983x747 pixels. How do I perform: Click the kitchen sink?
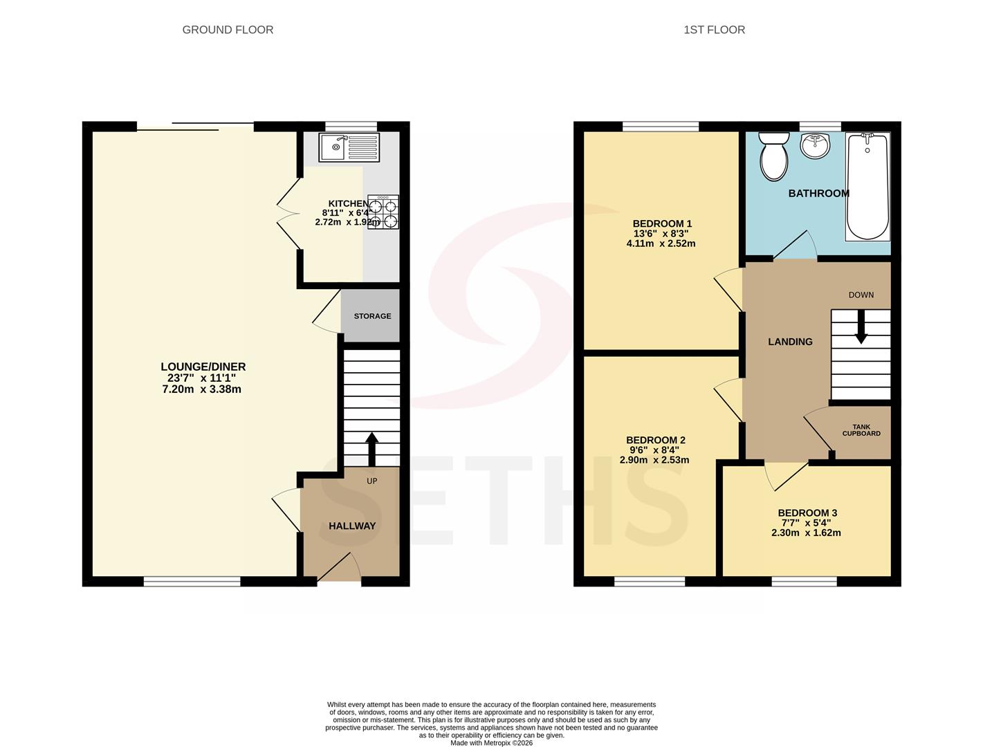(x=349, y=147)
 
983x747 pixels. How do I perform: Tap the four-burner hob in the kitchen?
(x=383, y=212)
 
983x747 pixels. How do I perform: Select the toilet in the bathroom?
(x=774, y=156)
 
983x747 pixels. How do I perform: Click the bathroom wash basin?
(x=815, y=145)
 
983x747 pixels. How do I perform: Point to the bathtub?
(x=867, y=187)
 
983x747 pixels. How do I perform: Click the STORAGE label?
(x=372, y=316)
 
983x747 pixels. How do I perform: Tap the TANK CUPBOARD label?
(x=861, y=430)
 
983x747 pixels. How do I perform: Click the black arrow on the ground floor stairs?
(x=371, y=450)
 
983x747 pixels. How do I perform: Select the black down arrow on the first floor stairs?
(x=861, y=326)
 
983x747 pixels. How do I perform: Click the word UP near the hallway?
(x=371, y=481)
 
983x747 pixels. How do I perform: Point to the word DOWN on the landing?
(x=861, y=295)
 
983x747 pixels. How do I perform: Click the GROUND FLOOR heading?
(x=228, y=30)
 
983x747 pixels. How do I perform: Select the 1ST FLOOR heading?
(x=715, y=30)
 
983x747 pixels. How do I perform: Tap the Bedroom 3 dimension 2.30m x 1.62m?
(x=806, y=533)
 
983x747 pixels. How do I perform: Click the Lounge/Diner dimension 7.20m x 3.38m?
(x=201, y=389)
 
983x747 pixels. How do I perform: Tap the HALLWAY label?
(x=352, y=526)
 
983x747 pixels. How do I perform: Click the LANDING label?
(x=790, y=342)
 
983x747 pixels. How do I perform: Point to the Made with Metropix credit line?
(x=491, y=744)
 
